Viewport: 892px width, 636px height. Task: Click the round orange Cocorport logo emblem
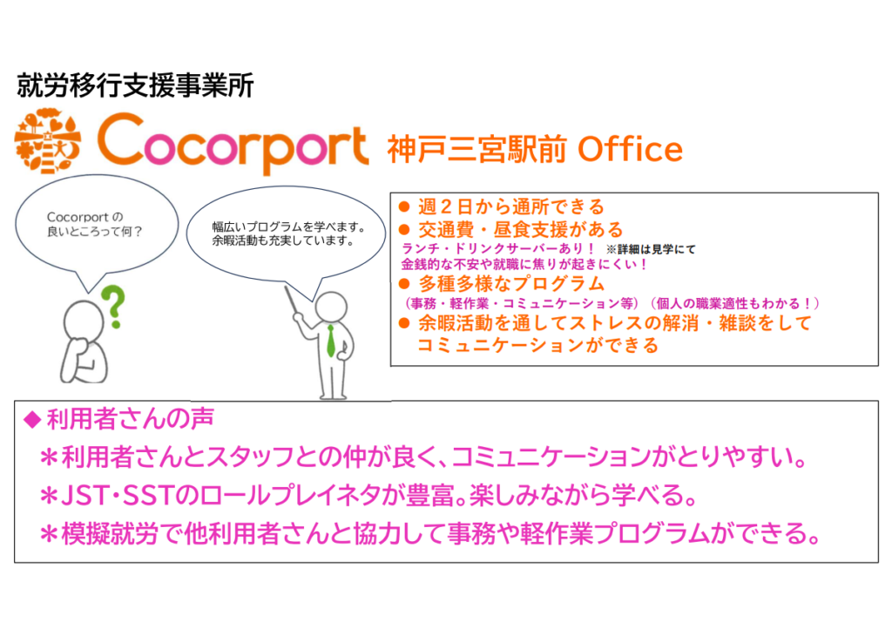48,140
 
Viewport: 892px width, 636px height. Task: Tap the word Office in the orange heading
630,149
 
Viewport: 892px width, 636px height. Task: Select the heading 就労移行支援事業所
135,85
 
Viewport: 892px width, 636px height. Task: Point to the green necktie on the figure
330,341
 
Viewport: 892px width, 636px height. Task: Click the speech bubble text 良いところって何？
94,232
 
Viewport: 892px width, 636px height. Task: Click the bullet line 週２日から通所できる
510,206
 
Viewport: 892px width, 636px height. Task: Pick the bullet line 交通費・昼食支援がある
521,229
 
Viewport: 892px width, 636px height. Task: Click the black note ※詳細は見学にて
651,249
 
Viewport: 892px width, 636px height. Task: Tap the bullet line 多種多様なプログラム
510,283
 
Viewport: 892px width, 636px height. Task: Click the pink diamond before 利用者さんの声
32,420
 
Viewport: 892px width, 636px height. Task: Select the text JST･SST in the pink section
116,496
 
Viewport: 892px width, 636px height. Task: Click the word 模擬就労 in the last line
109,533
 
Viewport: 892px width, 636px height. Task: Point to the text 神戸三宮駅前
476,149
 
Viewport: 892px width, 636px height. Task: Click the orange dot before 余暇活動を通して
404,324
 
